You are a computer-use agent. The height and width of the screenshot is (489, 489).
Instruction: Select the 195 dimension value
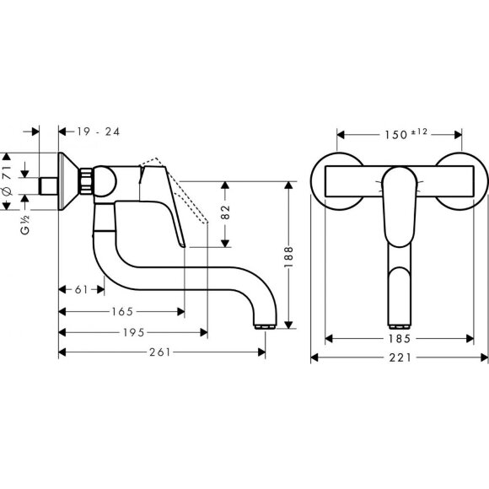132,332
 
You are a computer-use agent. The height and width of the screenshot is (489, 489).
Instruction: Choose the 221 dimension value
400,358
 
